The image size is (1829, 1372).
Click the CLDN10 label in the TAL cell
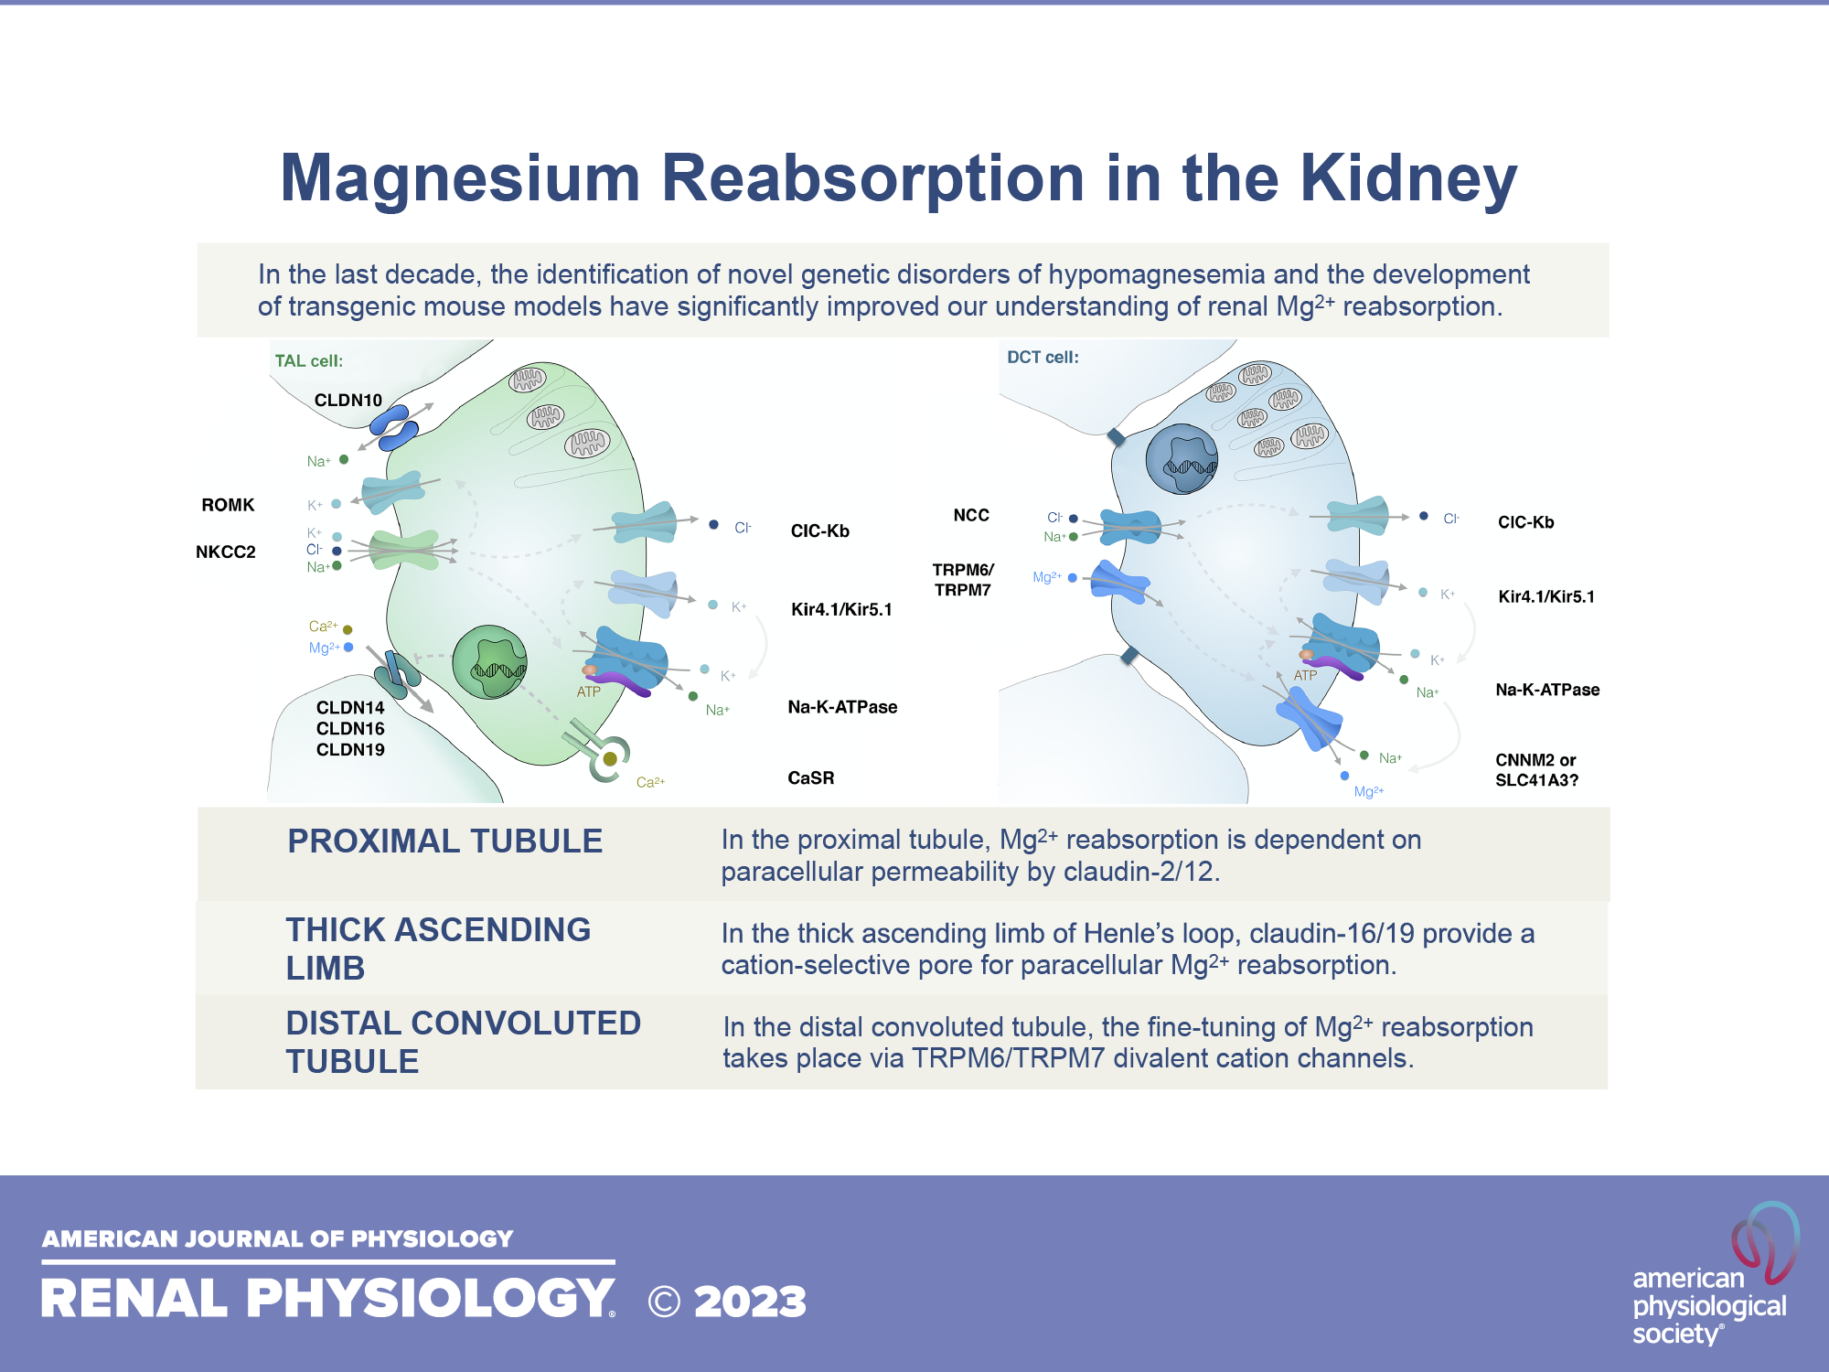coord(348,401)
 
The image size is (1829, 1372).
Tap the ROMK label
coord(228,505)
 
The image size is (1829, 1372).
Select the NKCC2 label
coord(225,552)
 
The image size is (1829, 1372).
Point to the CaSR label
coord(810,778)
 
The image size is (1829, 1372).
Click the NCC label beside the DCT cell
coord(970,516)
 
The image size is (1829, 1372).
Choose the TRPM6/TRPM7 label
coord(962,580)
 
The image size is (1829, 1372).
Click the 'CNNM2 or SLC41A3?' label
coord(1536,770)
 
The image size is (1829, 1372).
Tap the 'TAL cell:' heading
coord(308,361)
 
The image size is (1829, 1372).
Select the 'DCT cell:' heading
coord(1043,358)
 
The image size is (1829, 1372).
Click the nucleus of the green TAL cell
coord(490,661)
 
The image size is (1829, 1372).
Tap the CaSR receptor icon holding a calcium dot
coord(608,757)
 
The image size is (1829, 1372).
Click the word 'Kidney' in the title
coord(1408,178)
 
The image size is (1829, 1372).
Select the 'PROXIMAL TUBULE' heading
coord(444,841)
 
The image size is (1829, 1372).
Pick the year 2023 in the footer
coord(750,1302)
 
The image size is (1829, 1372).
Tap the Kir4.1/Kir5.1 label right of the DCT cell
coord(1546,597)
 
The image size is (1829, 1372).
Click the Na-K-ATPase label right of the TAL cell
coord(842,707)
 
